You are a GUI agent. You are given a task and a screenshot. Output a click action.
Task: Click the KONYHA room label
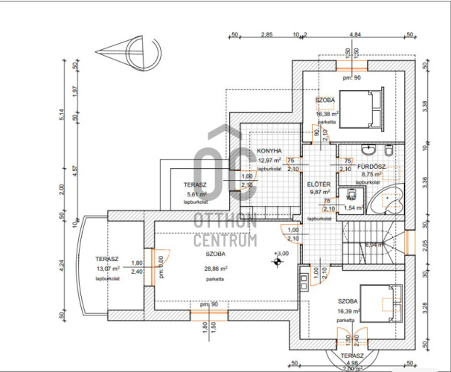[x=269, y=150]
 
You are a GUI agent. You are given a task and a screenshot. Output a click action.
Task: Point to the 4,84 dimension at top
[x=355, y=34]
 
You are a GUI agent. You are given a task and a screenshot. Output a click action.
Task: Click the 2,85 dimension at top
[x=266, y=34]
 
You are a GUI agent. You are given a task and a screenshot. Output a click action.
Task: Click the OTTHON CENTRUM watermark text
[x=225, y=231]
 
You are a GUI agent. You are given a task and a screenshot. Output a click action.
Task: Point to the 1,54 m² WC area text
[x=354, y=208]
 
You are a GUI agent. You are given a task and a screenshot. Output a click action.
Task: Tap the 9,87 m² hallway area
[x=319, y=191]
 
